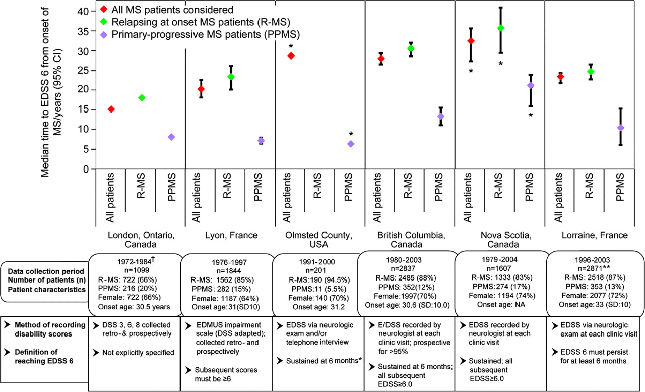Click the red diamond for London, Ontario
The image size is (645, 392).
[111, 109]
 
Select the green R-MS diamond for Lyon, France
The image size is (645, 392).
[231, 77]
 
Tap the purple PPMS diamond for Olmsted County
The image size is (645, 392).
[351, 144]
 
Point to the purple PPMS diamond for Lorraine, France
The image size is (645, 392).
[620, 128]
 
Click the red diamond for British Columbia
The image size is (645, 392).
[381, 59]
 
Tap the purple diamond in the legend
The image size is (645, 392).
[101, 35]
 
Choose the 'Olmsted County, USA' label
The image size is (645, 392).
[319, 240]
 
